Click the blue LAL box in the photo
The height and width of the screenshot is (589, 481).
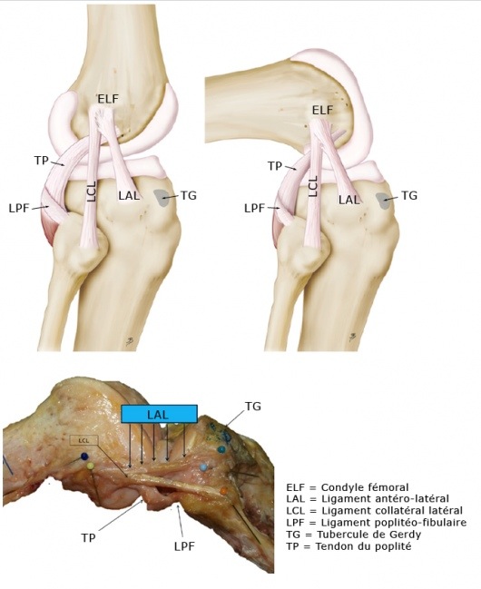click(x=159, y=415)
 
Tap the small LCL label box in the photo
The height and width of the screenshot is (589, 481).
click(x=84, y=441)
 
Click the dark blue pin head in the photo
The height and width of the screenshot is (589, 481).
click(x=84, y=456)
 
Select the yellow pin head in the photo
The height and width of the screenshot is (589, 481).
click(x=90, y=466)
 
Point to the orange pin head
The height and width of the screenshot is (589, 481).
click(x=223, y=490)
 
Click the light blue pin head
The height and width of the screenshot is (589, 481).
click(x=203, y=467)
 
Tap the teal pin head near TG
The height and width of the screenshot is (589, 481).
click(x=221, y=449)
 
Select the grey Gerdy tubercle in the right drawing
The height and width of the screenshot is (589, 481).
click(x=384, y=201)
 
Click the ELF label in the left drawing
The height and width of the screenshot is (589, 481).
click(x=108, y=99)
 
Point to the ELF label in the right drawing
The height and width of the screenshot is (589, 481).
click(x=323, y=110)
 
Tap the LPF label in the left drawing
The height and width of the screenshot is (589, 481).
click(x=19, y=208)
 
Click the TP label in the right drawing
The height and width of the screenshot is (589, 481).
click(x=275, y=166)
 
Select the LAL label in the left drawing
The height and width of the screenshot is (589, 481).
click(x=129, y=195)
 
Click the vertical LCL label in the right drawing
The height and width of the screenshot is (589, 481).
click(x=313, y=186)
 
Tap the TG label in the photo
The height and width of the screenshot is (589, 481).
click(x=253, y=406)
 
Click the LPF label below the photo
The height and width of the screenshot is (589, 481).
click(x=184, y=545)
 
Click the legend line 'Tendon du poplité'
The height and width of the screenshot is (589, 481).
click(x=348, y=546)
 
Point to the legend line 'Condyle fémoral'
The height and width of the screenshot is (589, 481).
click(x=348, y=487)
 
